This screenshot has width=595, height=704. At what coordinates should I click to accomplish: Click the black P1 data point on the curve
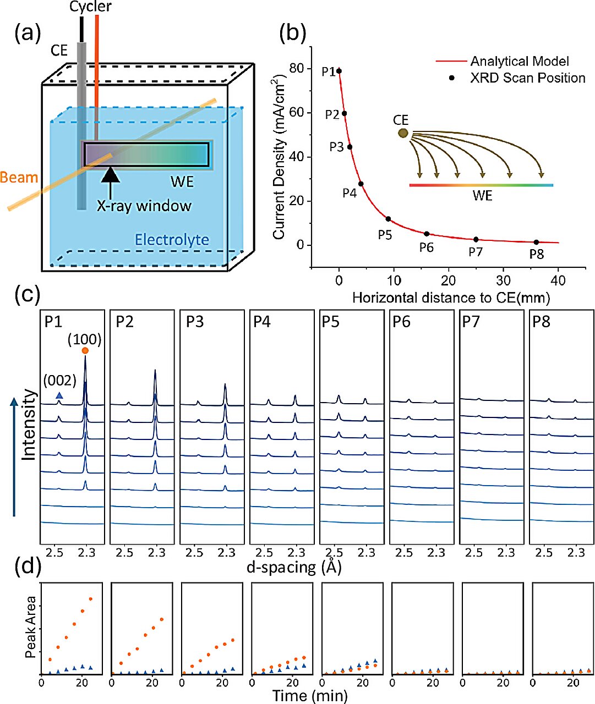click(x=339, y=71)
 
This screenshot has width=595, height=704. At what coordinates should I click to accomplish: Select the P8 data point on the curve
click(x=536, y=242)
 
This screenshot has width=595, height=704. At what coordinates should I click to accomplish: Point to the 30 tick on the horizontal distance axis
click(x=503, y=280)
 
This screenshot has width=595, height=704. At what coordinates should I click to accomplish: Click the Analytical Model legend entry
click(x=519, y=61)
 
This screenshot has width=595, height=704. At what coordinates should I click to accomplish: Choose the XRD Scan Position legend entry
click(x=527, y=78)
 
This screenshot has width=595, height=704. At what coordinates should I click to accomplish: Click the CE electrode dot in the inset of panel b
click(x=403, y=133)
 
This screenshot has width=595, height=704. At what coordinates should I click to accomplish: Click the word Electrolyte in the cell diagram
click(x=172, y=240)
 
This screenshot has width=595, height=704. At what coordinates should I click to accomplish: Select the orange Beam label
click(x=19, y=178)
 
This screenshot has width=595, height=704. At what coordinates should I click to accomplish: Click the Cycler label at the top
click(x=90, y=7)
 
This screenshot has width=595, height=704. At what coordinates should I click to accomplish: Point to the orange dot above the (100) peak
click(x=85, y=350)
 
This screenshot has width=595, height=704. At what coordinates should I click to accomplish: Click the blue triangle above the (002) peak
click(x=59, y=395)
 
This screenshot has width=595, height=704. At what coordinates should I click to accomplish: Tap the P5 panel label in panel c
click(x=330, y=321)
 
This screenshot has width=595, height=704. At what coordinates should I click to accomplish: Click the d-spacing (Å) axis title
click(x=294, y=568)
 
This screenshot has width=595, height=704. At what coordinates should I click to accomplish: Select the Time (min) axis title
click(x=310, y=696)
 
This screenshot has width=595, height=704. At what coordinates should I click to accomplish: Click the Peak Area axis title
click(x=31, y=626)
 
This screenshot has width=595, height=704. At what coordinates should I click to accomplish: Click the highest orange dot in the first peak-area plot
click(x=91, y=598)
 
